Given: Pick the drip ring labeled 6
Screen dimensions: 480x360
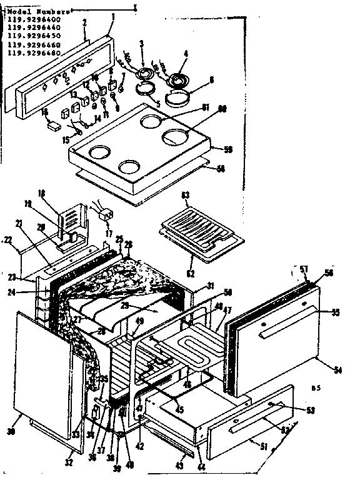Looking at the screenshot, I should tap(179, 96).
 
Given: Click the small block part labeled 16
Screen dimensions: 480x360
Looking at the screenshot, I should tap(54, 124).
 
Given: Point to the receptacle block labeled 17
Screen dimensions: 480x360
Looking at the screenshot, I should tap(107, 215).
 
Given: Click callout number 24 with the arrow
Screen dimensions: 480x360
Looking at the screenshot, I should tap(29, 291).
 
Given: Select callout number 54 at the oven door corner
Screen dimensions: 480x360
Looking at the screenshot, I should tap(338, 371).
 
